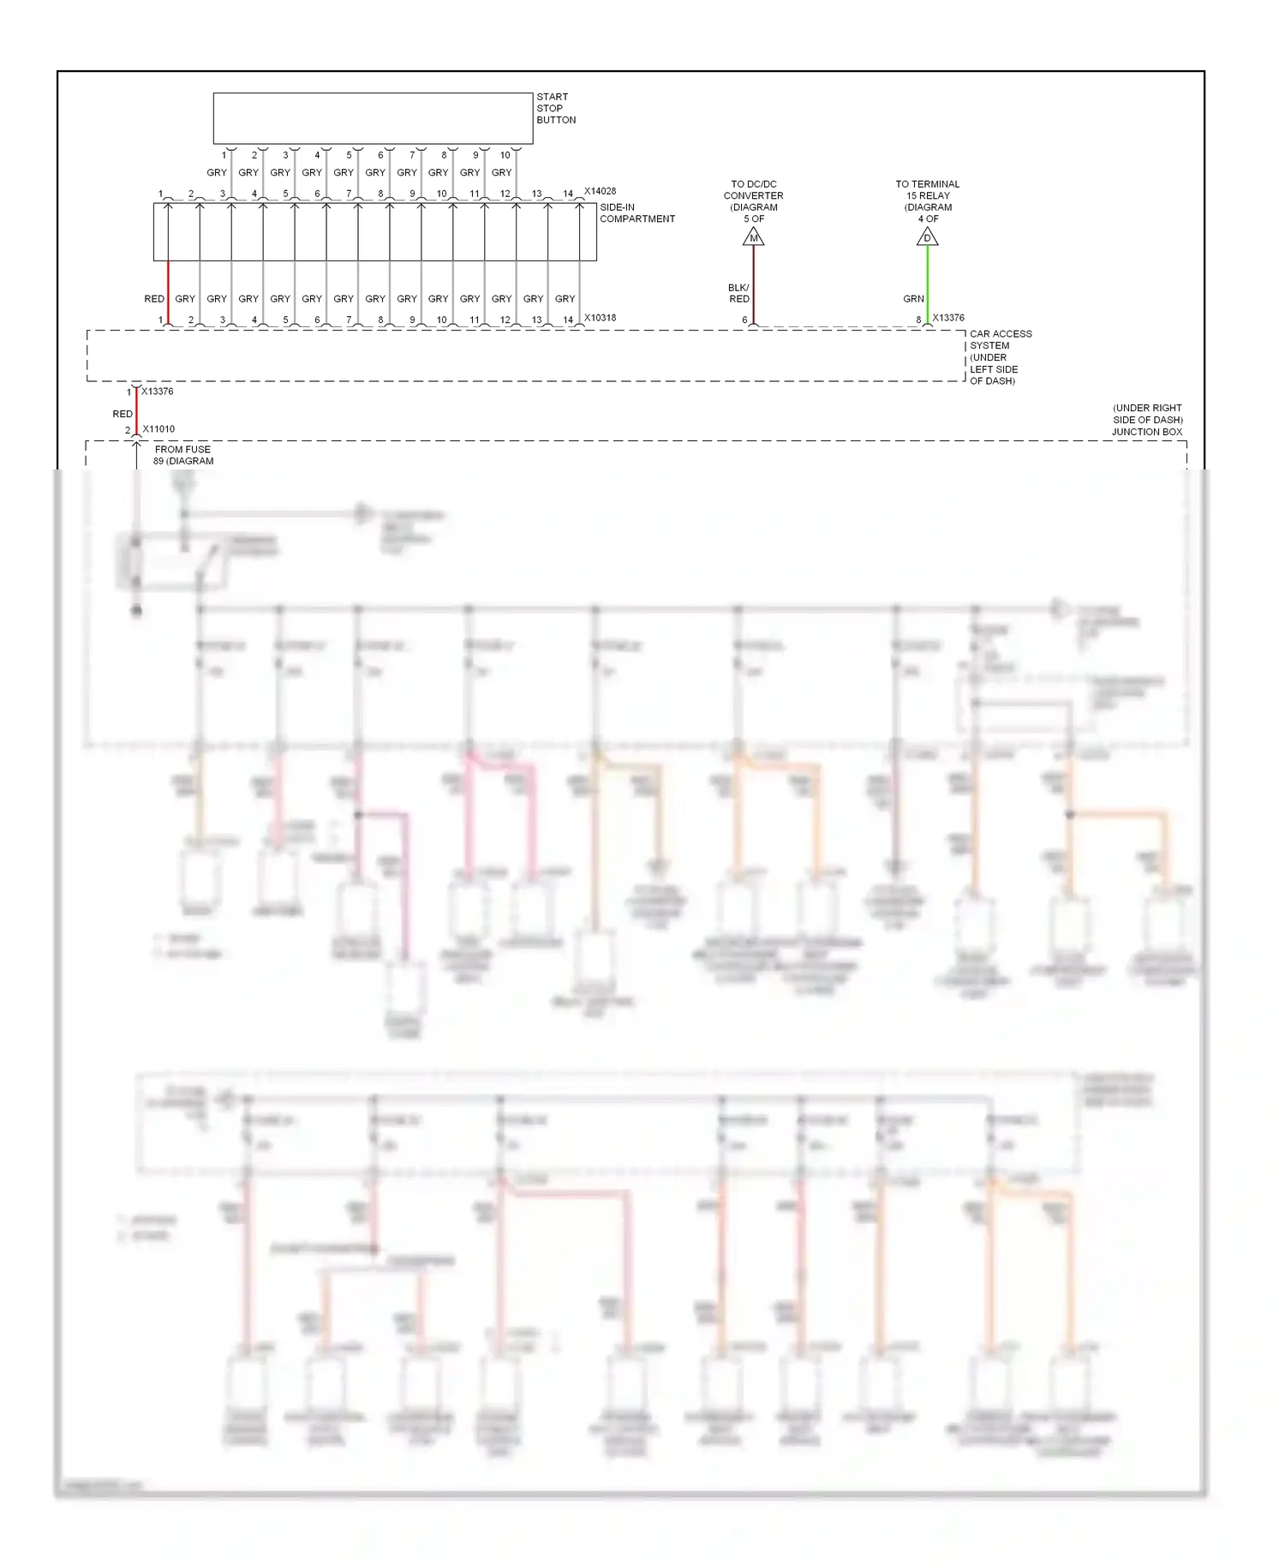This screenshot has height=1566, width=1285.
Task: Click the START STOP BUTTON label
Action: pos(555,109)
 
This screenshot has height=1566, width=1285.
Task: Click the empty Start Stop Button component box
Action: pos(373,118)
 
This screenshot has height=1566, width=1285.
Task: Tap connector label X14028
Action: pos(600,191)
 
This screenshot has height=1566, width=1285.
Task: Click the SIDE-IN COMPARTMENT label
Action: pos(637,213)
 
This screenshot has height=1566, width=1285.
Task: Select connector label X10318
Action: pos(600,318)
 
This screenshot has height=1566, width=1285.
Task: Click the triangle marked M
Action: pos(753,237)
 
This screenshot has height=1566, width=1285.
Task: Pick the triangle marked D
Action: pos(927,237)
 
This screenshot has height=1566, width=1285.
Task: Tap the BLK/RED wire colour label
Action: pos(738,293)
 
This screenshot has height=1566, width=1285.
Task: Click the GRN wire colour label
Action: pos(913,299)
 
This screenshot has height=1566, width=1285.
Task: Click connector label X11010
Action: pos(158,429)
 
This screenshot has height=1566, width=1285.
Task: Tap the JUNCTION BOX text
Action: pos(1147,432)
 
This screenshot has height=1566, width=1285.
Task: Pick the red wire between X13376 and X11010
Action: pos(136,413)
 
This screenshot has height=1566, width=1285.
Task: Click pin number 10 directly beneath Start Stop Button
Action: pos(505,155)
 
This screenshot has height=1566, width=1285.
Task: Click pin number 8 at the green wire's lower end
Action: pos(918,320)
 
